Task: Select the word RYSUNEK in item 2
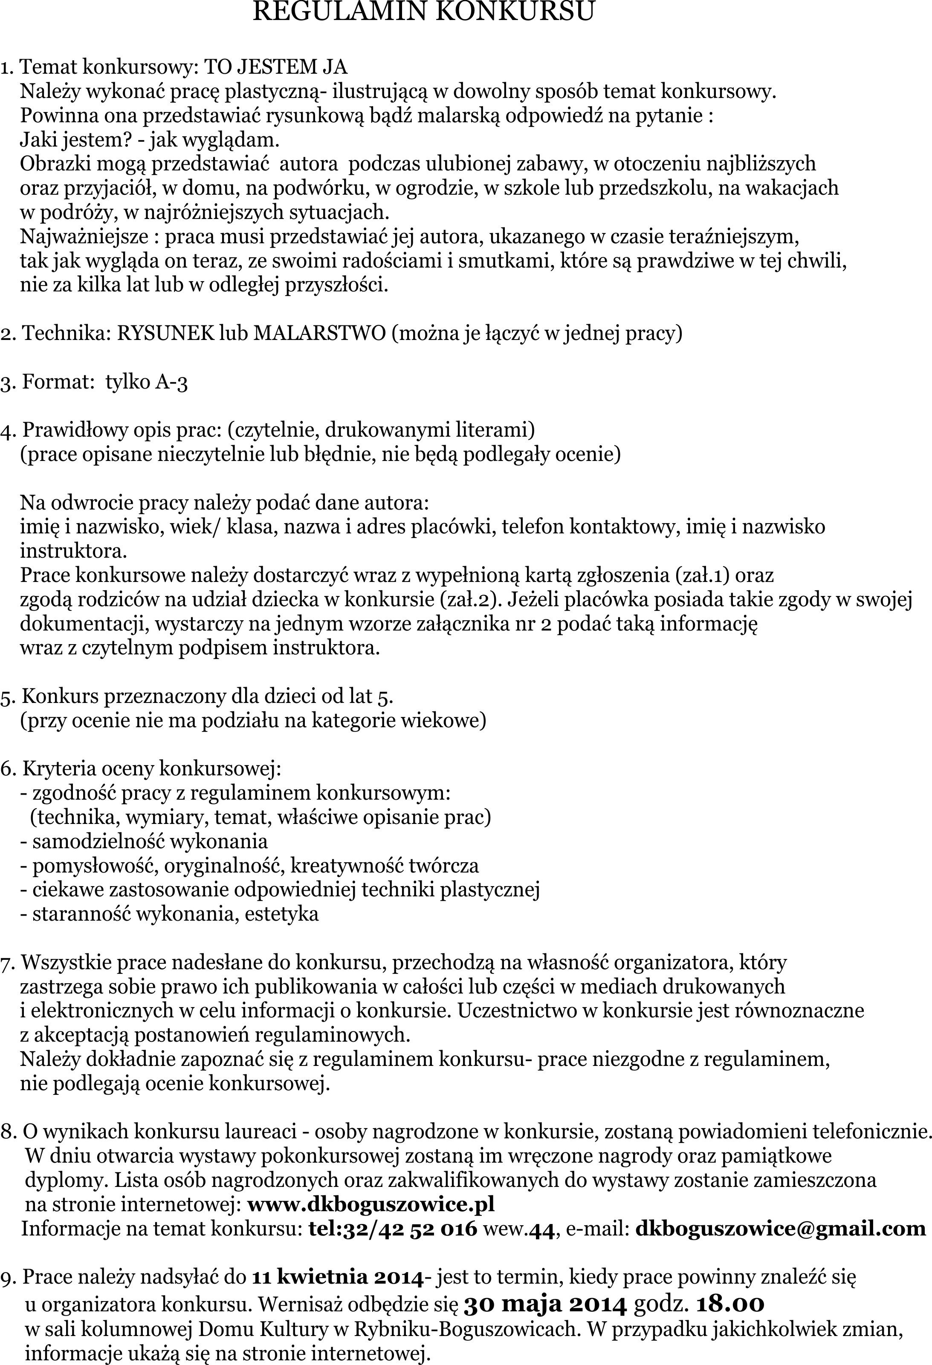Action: (x=166, y=334)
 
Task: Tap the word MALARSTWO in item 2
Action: (x=319, y=334)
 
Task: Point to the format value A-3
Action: (x=171, y=383)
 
